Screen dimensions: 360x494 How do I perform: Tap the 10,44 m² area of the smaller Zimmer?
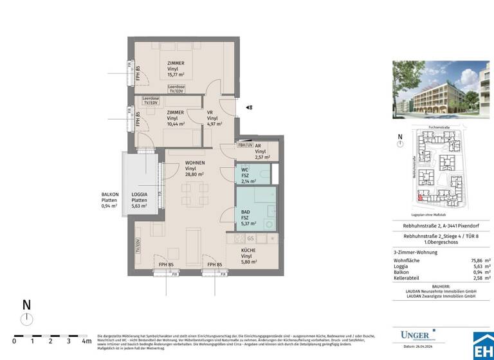click(x=176, y=124)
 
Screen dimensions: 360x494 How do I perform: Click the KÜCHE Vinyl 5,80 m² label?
click(x=249, y=256)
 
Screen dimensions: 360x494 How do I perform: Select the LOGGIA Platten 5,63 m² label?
click(x=140, y=200)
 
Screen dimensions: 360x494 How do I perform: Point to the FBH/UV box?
click(x=245, y=145)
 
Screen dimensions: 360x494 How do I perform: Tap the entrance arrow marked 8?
click(x=249, y=107)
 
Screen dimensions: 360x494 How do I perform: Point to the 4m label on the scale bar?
click(x=86, y=341)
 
